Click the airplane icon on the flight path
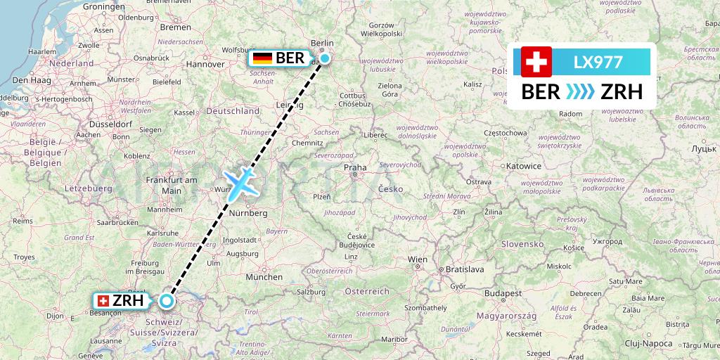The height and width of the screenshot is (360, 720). click(240, 181)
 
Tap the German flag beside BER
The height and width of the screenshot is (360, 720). click(263, 58)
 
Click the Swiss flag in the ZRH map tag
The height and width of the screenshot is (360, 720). click(103, 301)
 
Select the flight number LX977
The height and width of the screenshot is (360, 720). click(598, 62)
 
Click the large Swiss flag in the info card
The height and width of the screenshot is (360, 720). click(536, 62)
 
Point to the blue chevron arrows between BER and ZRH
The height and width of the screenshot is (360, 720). click(581, 92)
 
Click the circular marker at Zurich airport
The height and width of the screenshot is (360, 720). click(166, 301)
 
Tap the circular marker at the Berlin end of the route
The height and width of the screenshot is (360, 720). click(325, 58)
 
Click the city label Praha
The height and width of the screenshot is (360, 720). click(355, 168)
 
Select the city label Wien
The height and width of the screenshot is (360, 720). click(418, 259)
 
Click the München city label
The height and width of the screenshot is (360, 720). click(264, 277)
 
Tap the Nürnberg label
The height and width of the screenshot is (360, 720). click(248, 212)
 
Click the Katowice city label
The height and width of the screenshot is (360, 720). click(523, 167)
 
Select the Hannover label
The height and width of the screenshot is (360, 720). click(205, 64)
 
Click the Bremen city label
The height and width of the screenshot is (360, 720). click(175, 27)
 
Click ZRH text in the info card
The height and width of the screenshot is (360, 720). click(621, 92)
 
